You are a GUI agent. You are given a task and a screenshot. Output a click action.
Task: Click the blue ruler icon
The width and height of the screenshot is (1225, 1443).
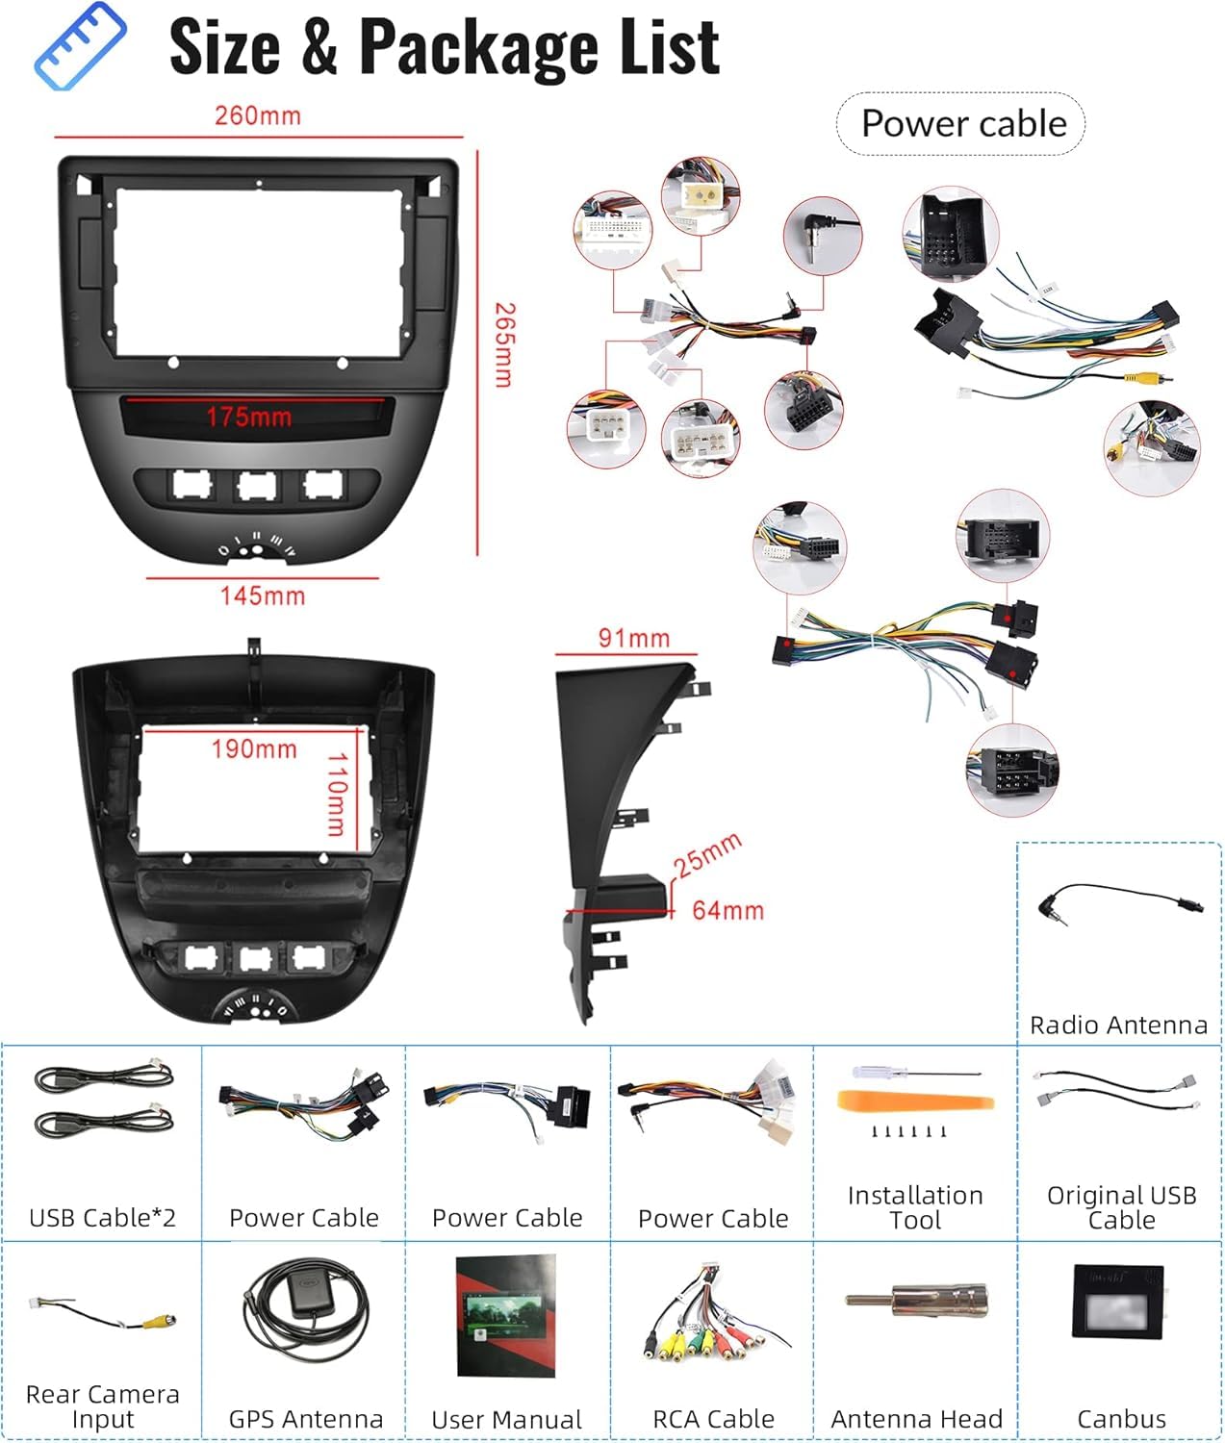(x=80, y=46)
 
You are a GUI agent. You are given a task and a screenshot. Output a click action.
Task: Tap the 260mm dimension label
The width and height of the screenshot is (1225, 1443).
(x=258, y=115)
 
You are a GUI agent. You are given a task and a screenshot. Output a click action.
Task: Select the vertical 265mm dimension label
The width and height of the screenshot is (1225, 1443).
(x=504, y=344)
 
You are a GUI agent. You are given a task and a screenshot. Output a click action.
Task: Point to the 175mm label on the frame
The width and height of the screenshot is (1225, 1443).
(x=249, y=417)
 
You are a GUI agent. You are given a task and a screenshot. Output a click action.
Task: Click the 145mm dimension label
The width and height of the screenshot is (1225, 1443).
(x=263, y=596)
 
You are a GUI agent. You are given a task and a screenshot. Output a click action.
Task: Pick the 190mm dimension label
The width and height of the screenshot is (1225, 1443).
(x=254, y=749)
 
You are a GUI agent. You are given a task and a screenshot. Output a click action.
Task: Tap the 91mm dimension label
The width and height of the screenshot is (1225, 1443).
(x=633, y=638)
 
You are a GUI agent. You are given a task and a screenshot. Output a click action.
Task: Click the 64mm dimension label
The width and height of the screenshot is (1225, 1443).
(x=727, y=910)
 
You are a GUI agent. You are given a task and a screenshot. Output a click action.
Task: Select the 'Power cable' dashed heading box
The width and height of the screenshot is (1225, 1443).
(x=961, y=123)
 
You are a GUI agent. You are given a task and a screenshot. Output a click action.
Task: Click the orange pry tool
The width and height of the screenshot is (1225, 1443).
(x=915, y=1101)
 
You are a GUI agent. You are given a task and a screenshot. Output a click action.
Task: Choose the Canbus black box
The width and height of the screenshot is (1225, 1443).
(x=1118, y=1301)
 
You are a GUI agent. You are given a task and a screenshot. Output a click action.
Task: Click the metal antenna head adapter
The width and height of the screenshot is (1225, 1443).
(x=917, y=1300)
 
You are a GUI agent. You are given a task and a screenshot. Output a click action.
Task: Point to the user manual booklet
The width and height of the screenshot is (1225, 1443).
(x=506, y=1316)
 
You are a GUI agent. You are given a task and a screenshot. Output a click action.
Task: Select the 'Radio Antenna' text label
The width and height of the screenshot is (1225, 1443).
(x=1118, y=1025)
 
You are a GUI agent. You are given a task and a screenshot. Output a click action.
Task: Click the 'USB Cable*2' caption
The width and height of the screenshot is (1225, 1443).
(x=103, y=1218)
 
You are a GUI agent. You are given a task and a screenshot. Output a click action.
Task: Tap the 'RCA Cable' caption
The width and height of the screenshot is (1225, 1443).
(x=713, y=1419)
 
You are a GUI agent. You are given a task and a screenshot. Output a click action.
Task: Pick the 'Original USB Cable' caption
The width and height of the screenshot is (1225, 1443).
(x=1122, y=1207)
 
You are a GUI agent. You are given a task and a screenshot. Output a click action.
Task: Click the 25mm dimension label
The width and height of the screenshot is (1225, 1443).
(x=706, y=855)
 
